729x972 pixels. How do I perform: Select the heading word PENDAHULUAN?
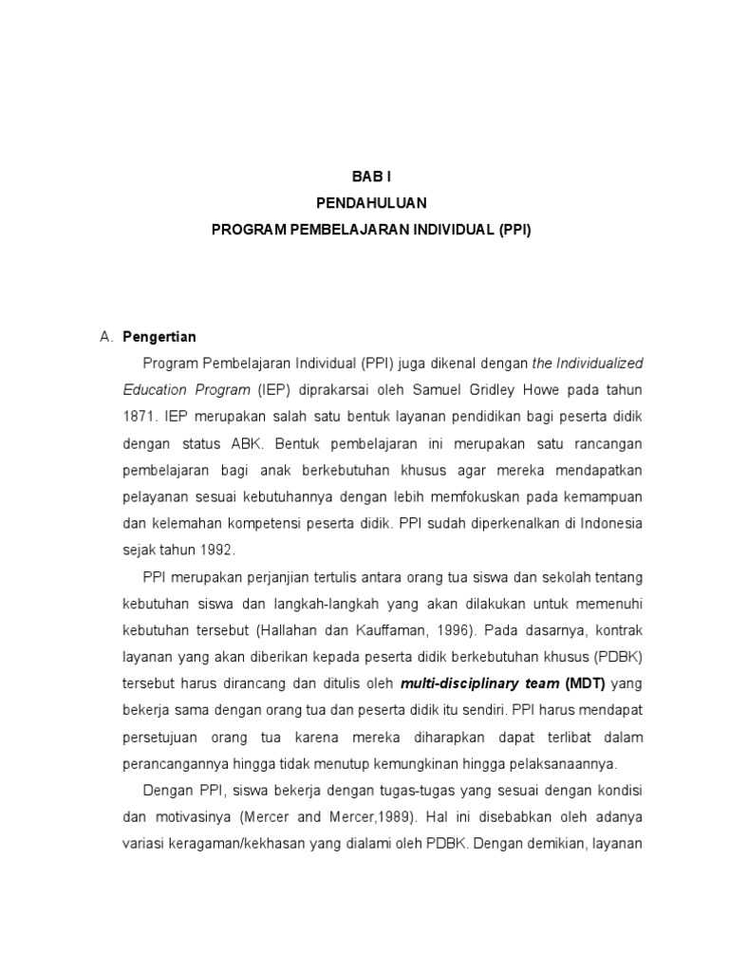[371, 203]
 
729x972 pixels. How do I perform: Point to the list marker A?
[106, 336]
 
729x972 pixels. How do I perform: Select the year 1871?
[140, 416]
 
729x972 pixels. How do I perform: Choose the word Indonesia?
[610, 523]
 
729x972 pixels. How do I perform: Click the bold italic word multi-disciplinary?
[452, 683]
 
